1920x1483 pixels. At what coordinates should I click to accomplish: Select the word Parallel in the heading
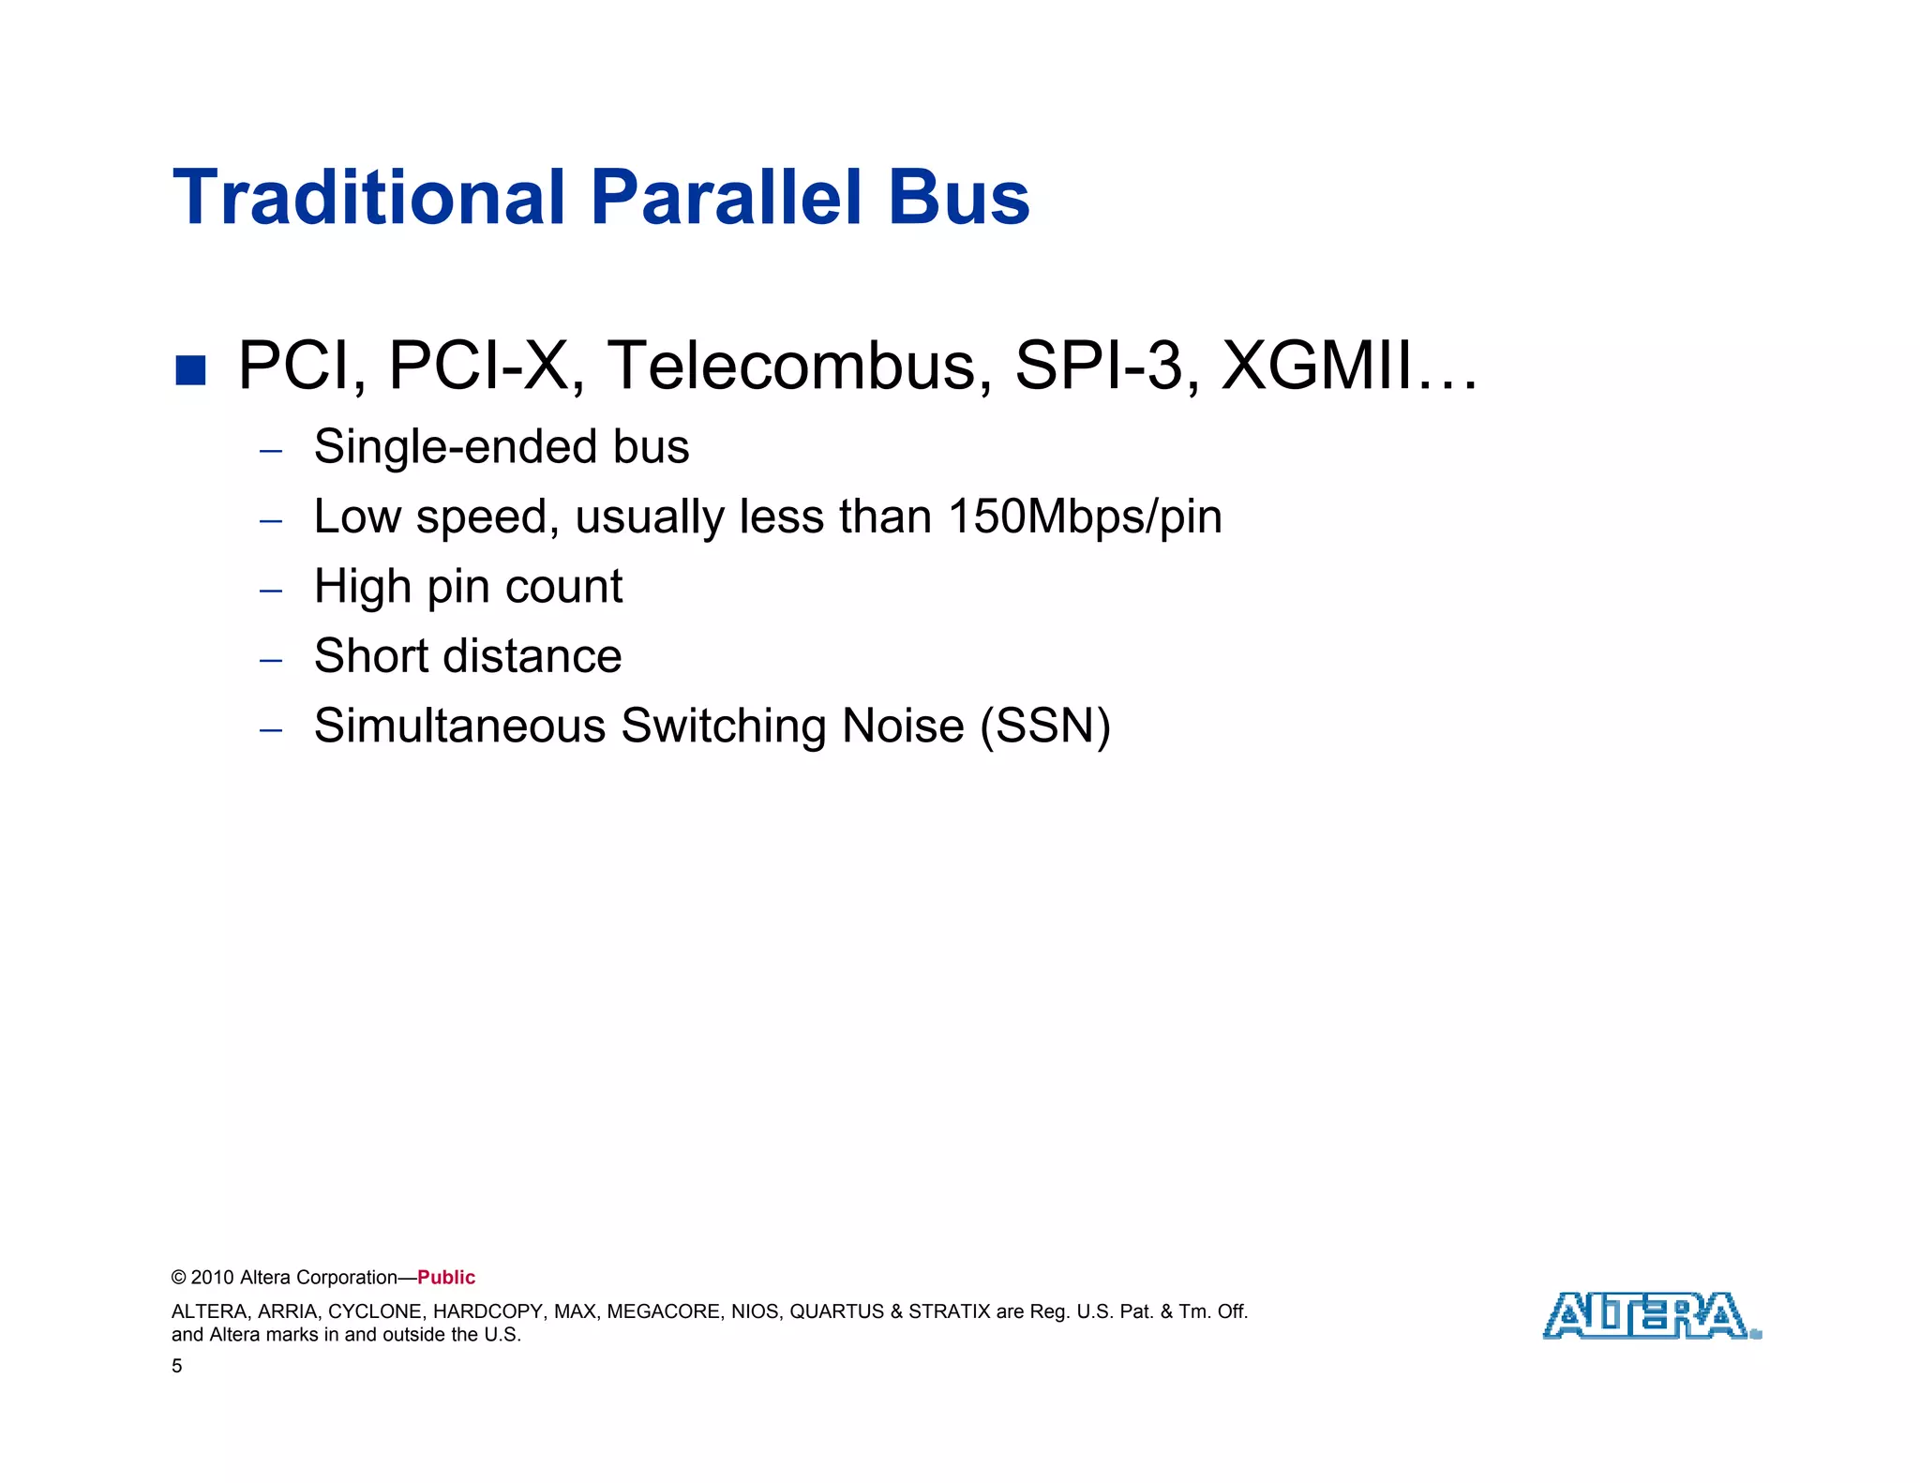click(726, 198)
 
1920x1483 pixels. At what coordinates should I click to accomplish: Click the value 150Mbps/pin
click(1085, 517)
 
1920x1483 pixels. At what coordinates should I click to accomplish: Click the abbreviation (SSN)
click(1045, 727)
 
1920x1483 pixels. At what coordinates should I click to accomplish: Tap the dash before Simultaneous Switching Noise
click(271, 729)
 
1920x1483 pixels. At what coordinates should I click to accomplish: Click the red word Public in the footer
click(446, 1278)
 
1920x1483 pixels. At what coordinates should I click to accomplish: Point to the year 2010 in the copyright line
click(213, 1278)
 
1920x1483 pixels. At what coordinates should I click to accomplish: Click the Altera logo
click(1651, 1316)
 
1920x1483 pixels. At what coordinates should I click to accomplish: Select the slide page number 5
click(177, 1367)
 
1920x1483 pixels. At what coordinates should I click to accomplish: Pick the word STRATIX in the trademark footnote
click(949, 1311)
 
